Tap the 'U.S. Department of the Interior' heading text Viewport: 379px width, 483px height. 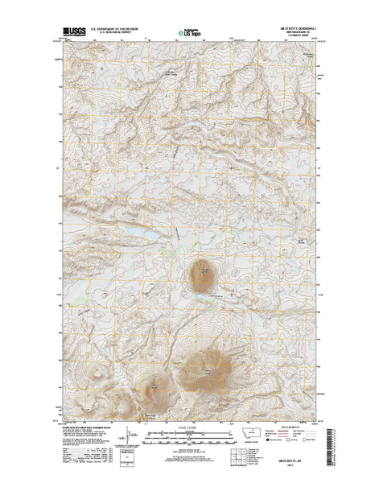click(117, 30)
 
